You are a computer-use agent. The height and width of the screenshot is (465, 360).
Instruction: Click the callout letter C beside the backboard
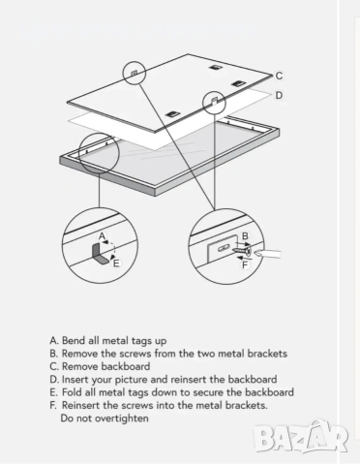[x=279, y=76]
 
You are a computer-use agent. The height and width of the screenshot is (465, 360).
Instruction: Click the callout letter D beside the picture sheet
[x=279, y=95]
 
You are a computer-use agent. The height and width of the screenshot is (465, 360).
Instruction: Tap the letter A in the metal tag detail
[x=103, y=236]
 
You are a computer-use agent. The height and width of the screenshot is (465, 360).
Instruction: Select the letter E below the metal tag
[x=116, y=263]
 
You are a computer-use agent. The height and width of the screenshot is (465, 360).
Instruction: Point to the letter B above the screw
[x=245, y=236]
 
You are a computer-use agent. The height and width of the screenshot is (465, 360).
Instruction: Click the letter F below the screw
[x=245, y=265]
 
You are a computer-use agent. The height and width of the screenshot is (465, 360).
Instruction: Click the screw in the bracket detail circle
[x=242, y=250]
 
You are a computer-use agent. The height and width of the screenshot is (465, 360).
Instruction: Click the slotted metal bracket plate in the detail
[x=223, y=249]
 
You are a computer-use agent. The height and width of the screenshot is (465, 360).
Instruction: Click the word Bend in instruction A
[x=73, y=341]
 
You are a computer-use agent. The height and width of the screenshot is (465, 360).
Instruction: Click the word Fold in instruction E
[x=72, y=392]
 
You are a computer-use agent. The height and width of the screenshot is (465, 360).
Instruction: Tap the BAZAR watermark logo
[x=300, y=438]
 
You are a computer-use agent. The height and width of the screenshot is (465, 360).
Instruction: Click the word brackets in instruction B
[x=267, y=354]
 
